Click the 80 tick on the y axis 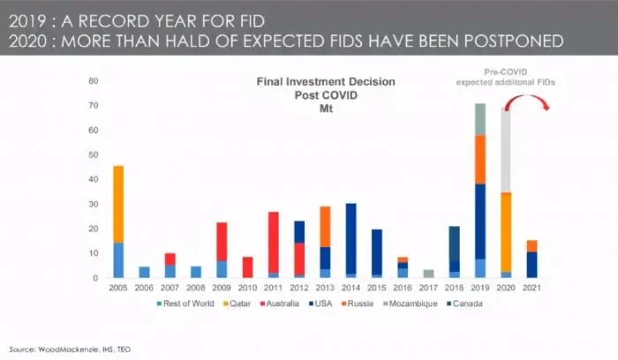click(x=91, y=81)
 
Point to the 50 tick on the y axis click(x=91, y=155)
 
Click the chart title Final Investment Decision click(x=326, y=81)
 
